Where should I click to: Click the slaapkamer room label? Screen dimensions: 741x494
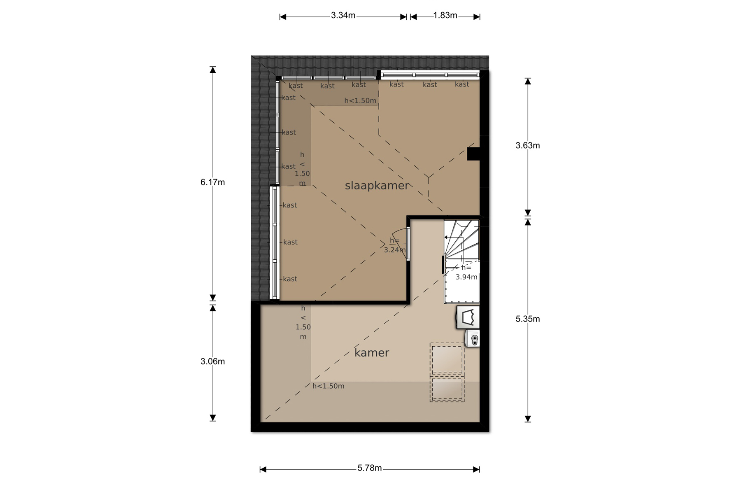(377, 186)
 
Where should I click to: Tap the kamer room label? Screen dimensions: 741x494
(372, 353)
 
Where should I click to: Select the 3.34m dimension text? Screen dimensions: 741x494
(343, 16)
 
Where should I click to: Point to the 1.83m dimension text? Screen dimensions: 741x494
(445, 16)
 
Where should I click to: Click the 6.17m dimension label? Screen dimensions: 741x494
(212, 182)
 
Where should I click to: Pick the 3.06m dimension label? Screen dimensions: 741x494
(212, 361)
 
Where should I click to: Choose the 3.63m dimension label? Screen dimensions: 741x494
(528, 145)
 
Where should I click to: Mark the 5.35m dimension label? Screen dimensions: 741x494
(528, 319)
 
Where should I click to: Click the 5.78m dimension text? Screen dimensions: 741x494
(370, 468)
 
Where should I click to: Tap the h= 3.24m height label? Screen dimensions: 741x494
(395, 245)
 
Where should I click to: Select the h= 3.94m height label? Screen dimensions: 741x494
(466, 273)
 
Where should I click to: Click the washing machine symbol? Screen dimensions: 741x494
(468, 317)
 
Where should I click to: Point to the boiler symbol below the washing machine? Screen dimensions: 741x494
(473, 339)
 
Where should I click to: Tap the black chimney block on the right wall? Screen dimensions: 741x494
(474, 154)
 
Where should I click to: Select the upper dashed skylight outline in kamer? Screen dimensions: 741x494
(447, 359)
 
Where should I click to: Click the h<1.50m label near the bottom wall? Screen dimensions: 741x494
(328, 386)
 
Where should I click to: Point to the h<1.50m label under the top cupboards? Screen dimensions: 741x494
(360, 101)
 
